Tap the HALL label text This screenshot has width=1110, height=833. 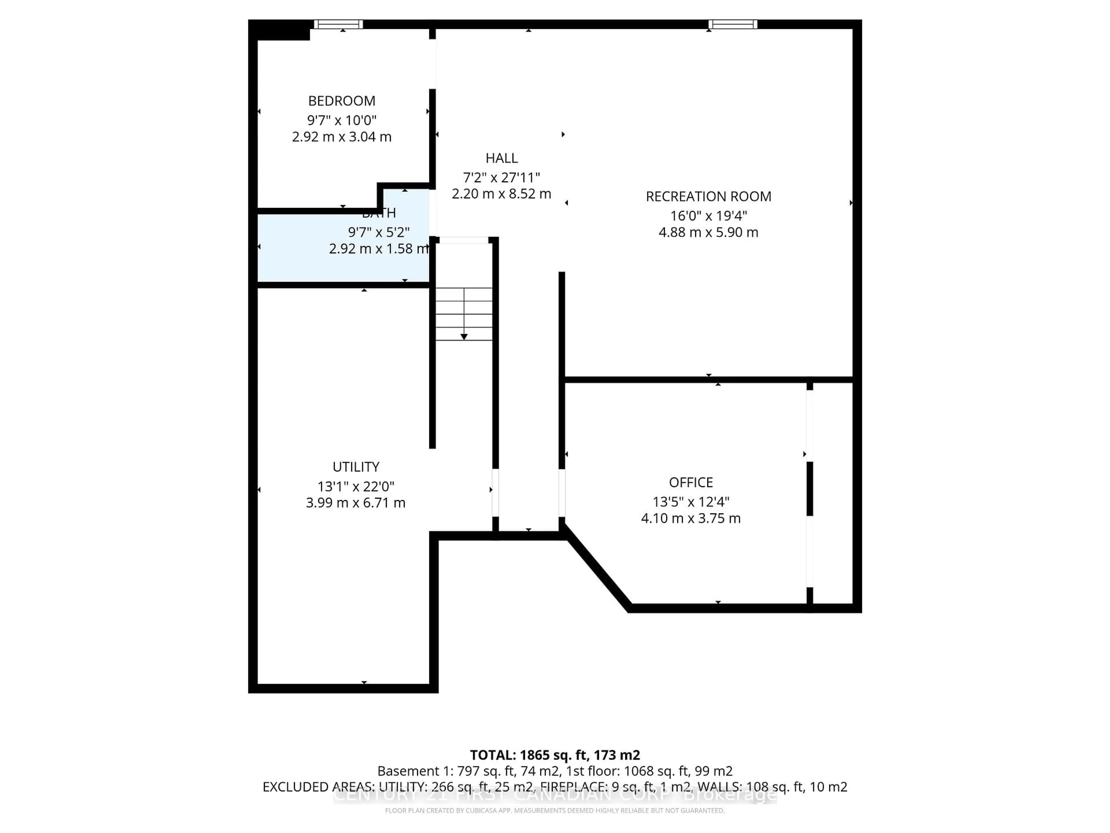501,158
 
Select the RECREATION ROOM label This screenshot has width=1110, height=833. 708,196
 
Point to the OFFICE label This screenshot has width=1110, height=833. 691,482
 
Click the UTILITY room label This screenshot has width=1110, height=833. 356,467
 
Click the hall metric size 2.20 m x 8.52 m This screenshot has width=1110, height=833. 501,194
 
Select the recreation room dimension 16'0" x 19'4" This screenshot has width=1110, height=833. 708,216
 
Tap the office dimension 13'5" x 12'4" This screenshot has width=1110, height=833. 691,502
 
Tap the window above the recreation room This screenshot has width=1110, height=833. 733,24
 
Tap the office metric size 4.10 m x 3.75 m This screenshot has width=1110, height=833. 691,518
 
